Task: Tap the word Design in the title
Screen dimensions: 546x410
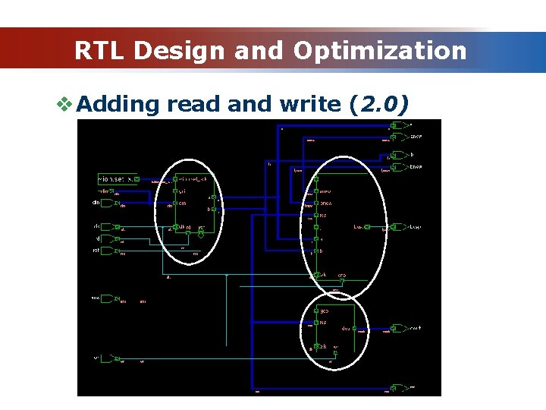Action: pos(179,51)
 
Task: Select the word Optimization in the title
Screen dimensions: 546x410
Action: pos(380,51)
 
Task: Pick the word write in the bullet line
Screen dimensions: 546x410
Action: pos(309,104)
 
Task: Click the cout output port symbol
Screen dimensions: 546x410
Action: pos(400,329)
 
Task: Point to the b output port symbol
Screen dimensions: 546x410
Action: pos(398,155)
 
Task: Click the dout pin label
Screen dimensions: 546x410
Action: pos(346,329)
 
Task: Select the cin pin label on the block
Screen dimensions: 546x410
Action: pos(182,203)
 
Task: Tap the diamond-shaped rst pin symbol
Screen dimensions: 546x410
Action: pos(201,233)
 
